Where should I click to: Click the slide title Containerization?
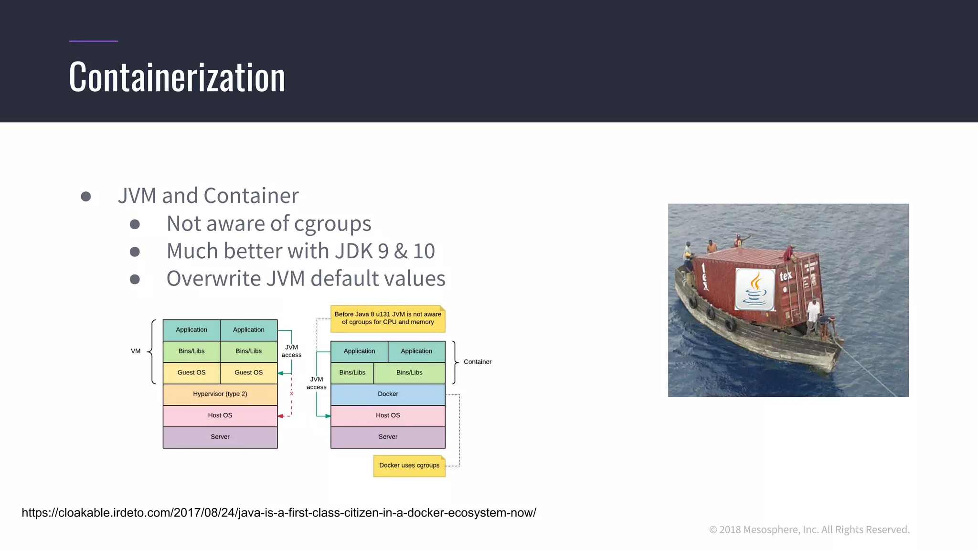pyautogui.click(x=177, y=77)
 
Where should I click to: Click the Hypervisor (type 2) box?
pyautogui.click(x=220, y=394)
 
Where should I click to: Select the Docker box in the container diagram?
pyautogui.click(x=388, y=394)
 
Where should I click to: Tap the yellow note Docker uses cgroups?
pyautogui.click(x=409, y=465)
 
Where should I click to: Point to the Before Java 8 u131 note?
pyautogui.click(x=387, y=318)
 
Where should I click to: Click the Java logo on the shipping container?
pyautogui.click(x=755, y=289)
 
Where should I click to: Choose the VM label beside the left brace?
pyautogui.click(x=136, y=351)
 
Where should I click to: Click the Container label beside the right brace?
pyautogui.click(x=477, y=362)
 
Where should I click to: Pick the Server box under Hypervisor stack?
pyautogui.click(x=220, y=437)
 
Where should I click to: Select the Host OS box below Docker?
pyautogui.click(x=388, y=415)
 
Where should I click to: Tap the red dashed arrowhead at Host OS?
pyautogui.click(x=280, y=416)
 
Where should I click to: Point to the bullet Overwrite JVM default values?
pyautogui.click(x=306, y=278)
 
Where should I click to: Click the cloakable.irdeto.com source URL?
pyautogui.click(x=279, y=513)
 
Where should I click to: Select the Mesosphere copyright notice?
pyautogui.click(x=809, y=529)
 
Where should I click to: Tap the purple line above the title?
pyautogui.click(x=94, y=41)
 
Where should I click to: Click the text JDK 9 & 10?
pyautogui.click(x=385, y=251)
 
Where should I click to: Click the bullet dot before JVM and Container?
pyautogui.click(x=86, y=196)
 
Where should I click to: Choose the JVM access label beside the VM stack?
pyautogui.click(x=291, y=351)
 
